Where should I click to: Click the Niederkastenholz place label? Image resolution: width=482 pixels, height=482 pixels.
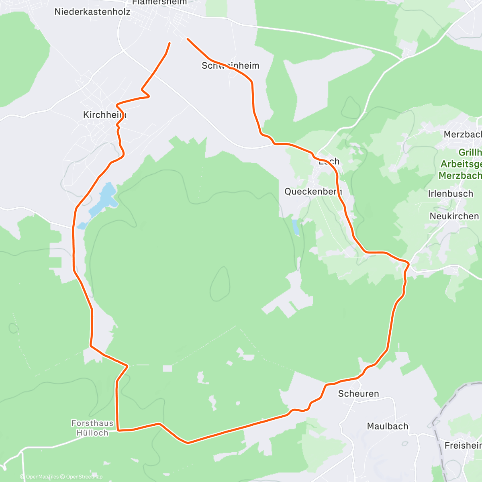(x=92, y=12)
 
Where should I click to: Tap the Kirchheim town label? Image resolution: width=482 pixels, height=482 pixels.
(x=104, y=115)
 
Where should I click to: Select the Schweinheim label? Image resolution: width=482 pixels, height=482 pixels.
(x=230, y=65)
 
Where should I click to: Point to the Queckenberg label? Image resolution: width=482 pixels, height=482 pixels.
(x=313, y=192)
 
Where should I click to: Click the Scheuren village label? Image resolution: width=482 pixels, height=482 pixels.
(x=358, y=394)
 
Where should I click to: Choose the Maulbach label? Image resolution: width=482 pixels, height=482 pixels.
(x=388, y=426)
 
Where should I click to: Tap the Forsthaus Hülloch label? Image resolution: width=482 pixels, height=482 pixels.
(x=92, y=428)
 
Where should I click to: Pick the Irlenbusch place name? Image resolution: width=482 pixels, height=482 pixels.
(x=451, y=194)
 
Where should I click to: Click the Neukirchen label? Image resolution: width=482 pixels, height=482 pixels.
(x=454, y=216)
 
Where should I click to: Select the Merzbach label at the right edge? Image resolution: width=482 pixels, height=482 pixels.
(x=462, y=134)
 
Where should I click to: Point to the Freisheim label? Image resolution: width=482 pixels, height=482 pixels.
(x=463, y=445)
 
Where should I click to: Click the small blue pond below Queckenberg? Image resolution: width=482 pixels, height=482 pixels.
(x=296, y=227)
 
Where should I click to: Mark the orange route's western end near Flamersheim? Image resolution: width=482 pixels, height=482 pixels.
(x=170, y=43)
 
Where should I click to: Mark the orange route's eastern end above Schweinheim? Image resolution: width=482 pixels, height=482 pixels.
(x=188, y=39)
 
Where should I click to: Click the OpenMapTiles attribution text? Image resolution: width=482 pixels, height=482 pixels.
(x=39, y=477)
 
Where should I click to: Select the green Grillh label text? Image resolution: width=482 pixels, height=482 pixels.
(x=470, y=153)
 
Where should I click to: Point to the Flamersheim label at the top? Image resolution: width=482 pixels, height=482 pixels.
(x=159, y=2)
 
